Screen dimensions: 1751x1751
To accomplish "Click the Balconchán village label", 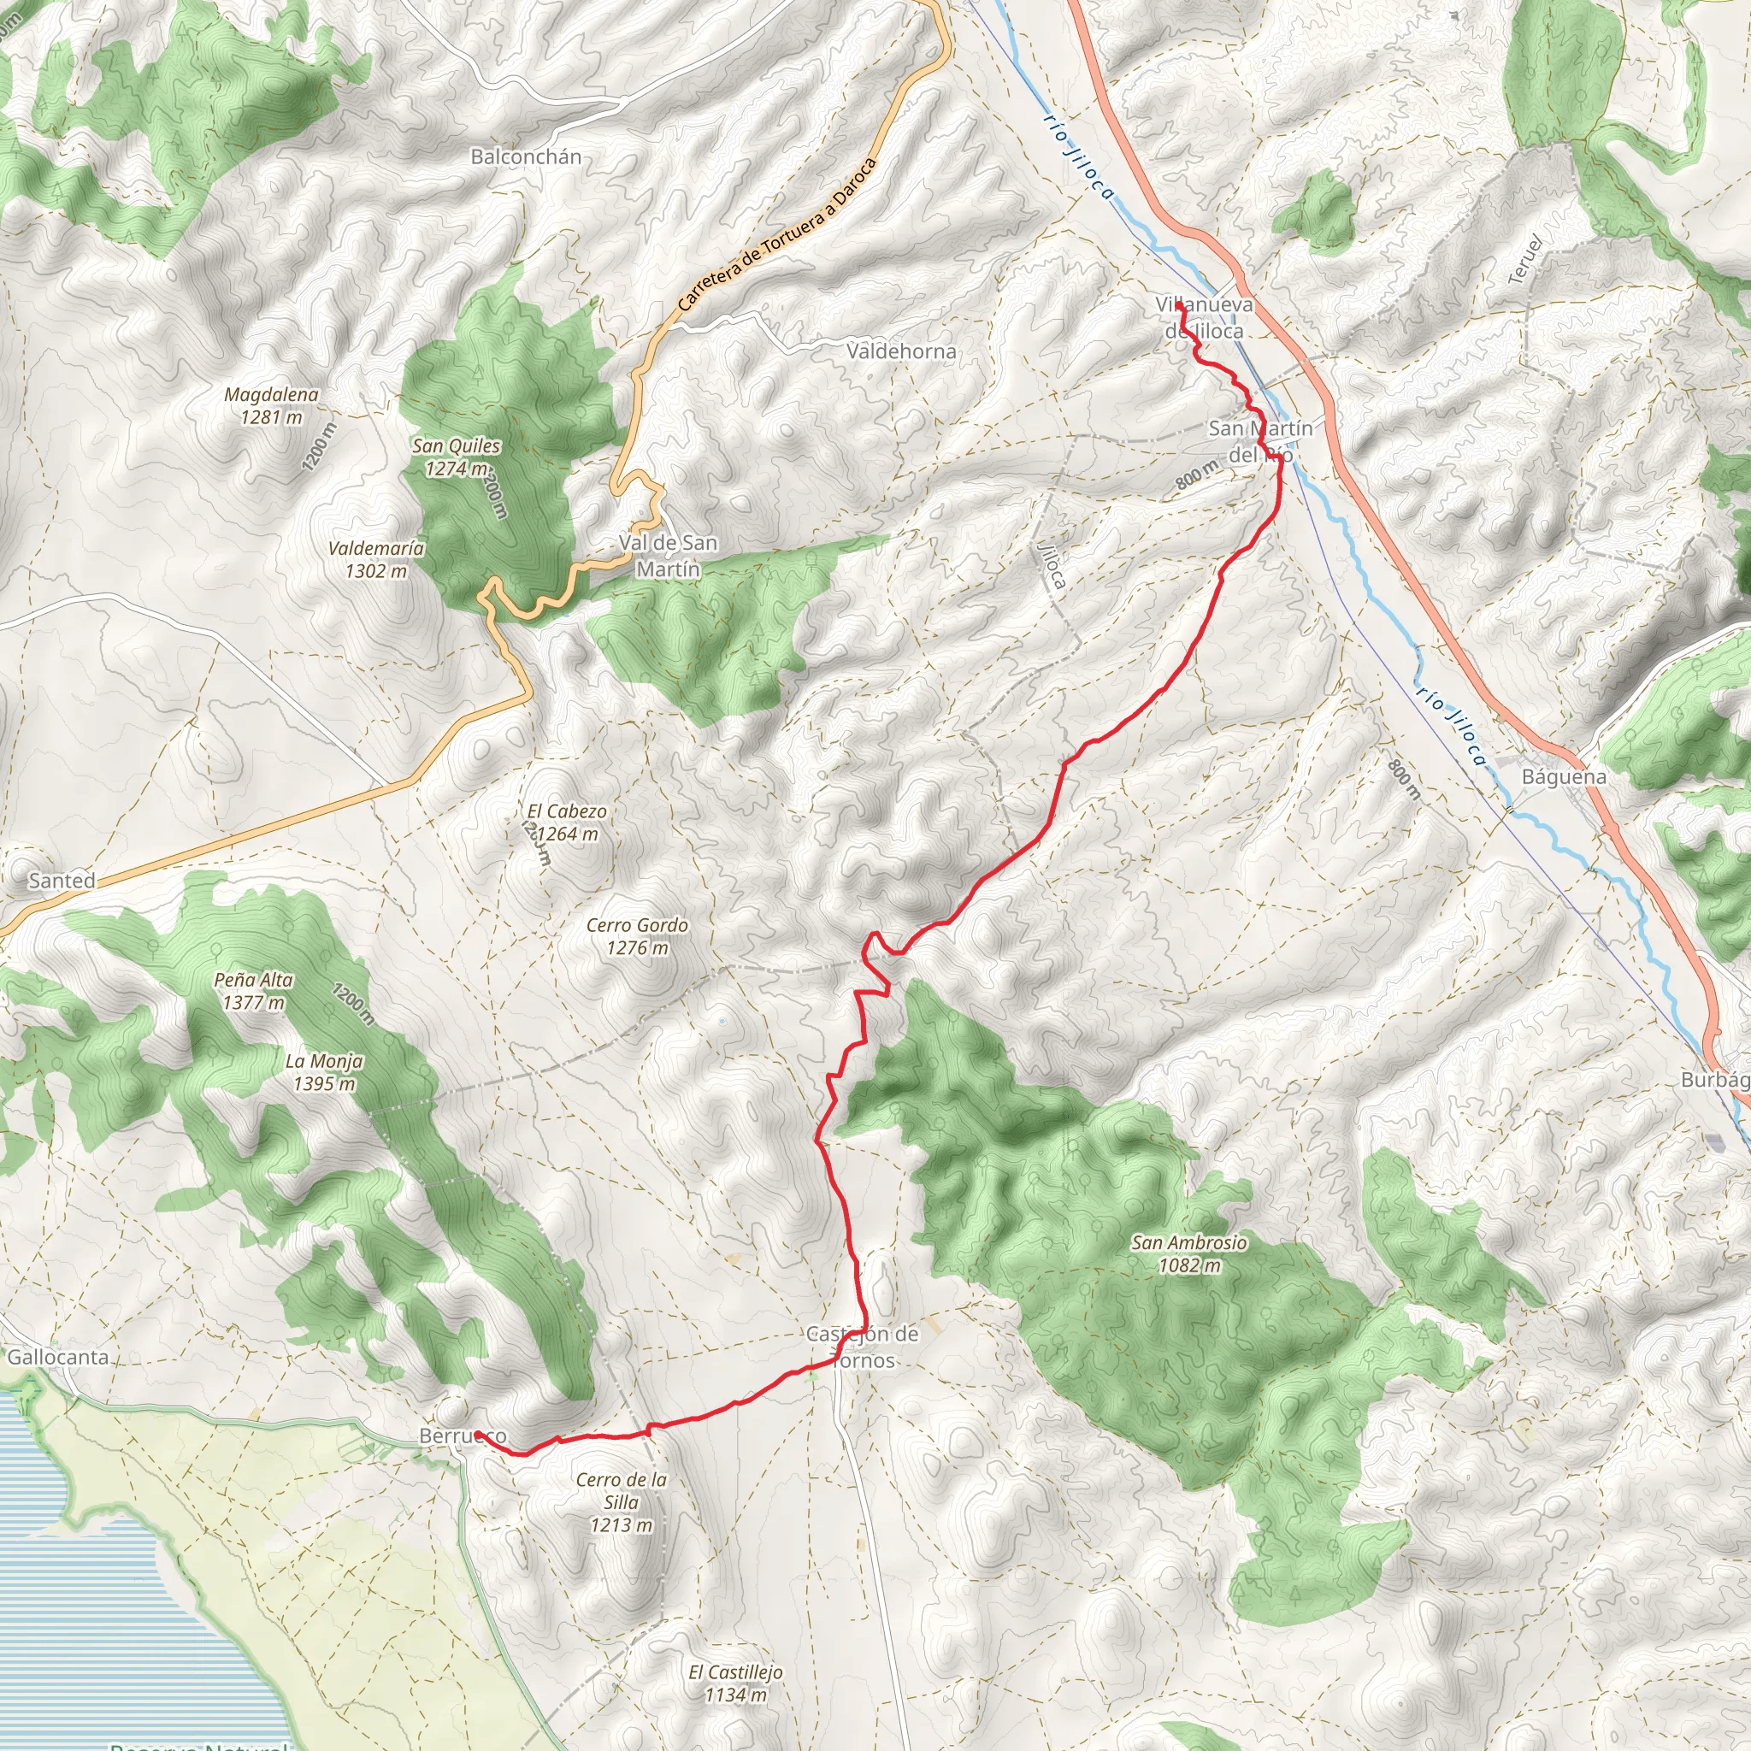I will [526, 156].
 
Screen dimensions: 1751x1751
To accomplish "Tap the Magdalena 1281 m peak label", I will [271, 406].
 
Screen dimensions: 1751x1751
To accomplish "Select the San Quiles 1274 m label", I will [456, 457].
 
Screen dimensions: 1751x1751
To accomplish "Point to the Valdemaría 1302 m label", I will [376, 559].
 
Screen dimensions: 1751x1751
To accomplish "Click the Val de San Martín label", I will [668, 556].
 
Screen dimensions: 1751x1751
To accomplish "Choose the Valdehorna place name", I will [901, 351].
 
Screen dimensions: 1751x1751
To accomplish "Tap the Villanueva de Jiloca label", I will [1205, 317].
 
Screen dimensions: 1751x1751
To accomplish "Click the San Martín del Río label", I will [1259, 440].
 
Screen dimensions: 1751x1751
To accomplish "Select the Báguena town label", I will [1564, 776].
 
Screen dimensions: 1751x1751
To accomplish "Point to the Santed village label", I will [62, 880].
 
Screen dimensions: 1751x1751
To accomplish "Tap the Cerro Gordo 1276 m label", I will [637, 936].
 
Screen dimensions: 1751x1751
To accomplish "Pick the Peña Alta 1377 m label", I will [254, 991].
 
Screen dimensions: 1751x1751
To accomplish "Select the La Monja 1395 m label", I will [324, 1072].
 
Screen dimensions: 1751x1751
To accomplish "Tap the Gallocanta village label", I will [58, 1357].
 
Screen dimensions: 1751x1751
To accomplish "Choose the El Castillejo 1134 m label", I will [735, 1683].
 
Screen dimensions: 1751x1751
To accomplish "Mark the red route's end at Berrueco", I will [477, 1434].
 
